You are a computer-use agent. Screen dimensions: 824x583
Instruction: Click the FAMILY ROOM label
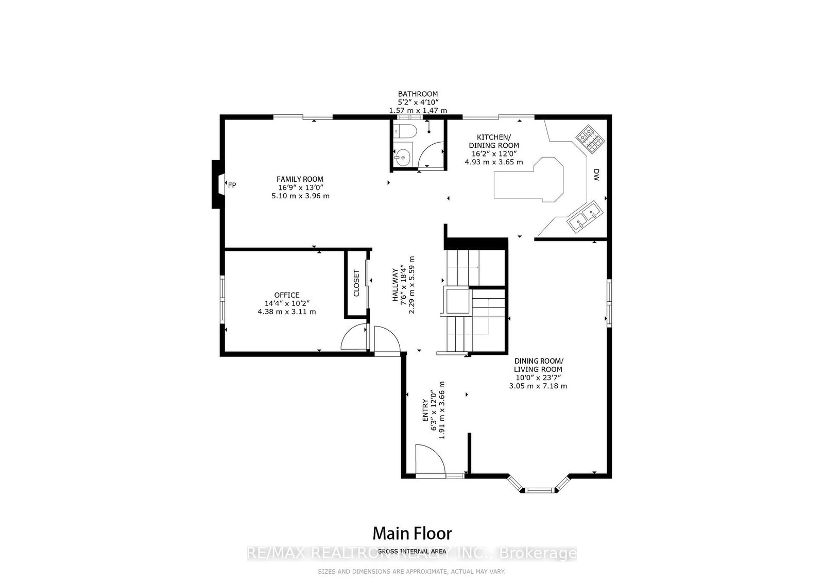(300, 179)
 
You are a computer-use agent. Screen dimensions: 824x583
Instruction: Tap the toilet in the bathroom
(405, 130)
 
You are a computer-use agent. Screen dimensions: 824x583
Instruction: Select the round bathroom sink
(402, 158)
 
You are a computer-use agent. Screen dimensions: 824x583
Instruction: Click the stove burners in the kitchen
(590, 140)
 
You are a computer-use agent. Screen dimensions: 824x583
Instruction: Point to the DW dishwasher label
(596, 175)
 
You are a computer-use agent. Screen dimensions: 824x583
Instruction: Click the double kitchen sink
(585, 217)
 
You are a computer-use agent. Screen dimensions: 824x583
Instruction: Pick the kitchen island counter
(528, 179)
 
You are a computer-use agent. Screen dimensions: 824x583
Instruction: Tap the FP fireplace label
(232, 185)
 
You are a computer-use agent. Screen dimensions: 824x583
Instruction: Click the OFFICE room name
(287, 295)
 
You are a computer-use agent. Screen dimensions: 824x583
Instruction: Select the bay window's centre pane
(539, 490)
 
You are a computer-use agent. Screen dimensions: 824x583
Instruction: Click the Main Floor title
(412, 534)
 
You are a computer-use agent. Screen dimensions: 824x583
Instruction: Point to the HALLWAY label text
(395, 285)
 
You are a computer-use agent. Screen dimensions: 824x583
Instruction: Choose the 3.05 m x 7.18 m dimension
(538, 386)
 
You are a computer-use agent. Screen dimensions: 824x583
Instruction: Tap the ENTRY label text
(425, 410)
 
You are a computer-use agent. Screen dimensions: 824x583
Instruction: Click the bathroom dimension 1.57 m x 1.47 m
(418, 110)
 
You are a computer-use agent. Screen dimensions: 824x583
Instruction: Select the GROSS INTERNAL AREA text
(412, 551)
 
